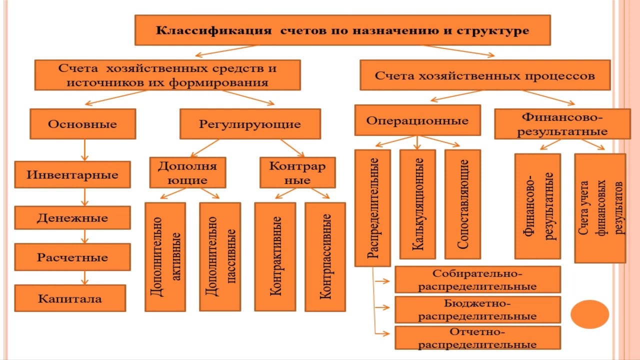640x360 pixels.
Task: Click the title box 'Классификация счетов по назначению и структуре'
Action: click(342, 30)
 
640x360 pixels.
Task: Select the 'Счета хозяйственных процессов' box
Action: click(484, 75)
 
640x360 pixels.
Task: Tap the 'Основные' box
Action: click(82, 124)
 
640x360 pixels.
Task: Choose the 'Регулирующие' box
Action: click(250, 124)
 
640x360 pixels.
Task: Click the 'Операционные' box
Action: click(417, 120)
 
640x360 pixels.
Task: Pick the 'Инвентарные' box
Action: click(72, 175)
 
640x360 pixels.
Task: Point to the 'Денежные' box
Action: click(72, 218)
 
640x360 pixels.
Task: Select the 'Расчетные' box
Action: click(72, 257)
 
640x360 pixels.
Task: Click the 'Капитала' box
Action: click(70, 298)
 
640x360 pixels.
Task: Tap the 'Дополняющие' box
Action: click(187, 172)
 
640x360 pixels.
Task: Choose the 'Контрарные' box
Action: click(297, 172)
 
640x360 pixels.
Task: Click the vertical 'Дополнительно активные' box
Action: click(165, 256)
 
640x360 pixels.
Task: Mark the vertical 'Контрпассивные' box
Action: click(325, 256)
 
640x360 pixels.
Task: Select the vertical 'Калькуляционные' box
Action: click(417, 204)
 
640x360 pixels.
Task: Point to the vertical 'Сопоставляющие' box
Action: click(462, 204)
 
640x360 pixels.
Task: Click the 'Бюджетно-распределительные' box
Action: click(477, 309)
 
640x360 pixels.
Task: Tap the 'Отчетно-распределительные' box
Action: click(477, 338)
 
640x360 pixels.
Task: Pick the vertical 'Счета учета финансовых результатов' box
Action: click(600, 208)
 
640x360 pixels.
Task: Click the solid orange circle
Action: click(590, 314)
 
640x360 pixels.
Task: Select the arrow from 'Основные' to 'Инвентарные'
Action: click(84, 149)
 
